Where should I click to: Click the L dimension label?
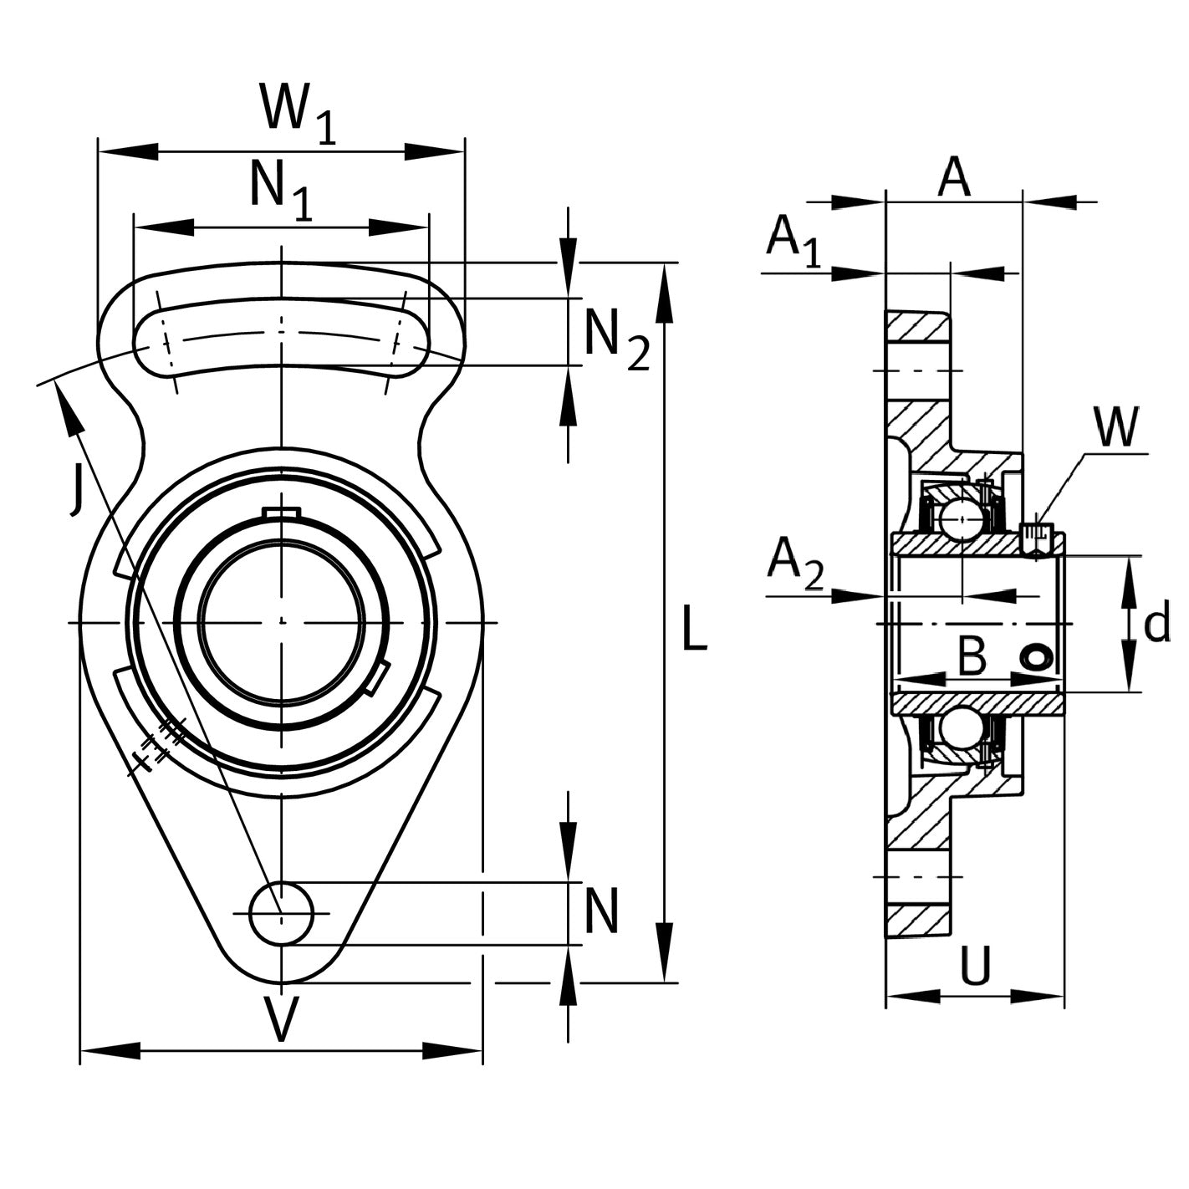point(694,629)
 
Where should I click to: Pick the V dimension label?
point(282,1019)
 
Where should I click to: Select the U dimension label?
point(975,966)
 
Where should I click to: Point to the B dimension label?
point(972,657)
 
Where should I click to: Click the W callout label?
point(1116,428)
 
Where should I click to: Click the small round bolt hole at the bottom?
point(282,914)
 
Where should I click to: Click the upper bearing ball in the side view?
point(962,518)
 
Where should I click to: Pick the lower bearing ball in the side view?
point(962,728)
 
